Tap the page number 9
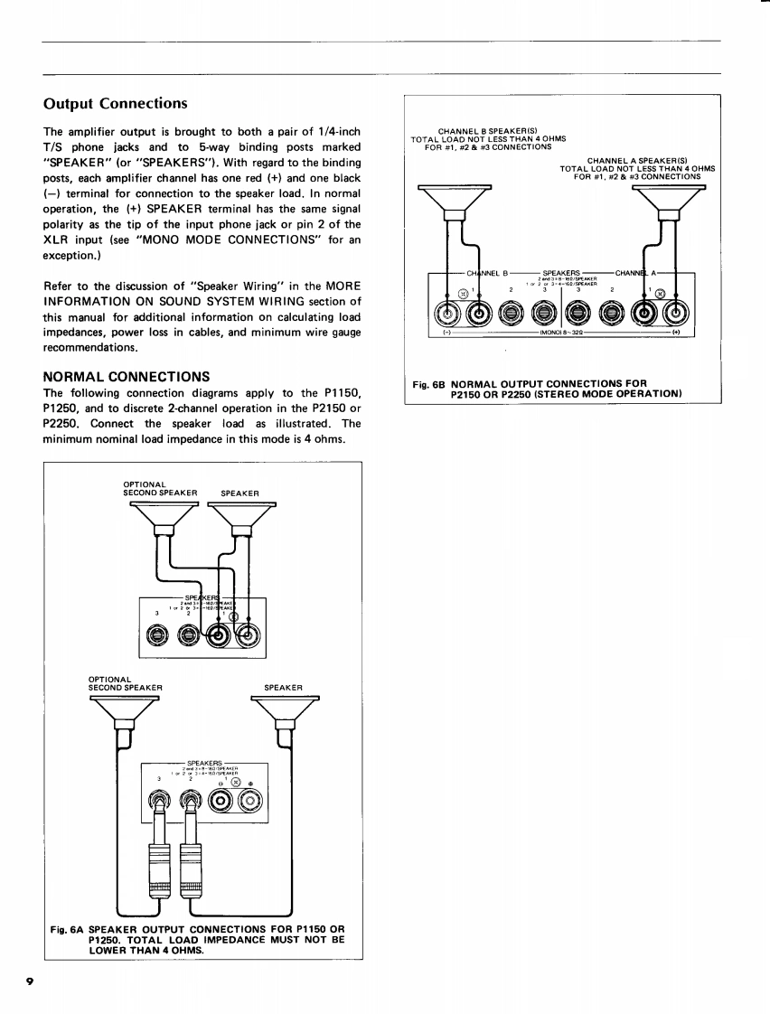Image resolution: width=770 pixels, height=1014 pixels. [30, 981]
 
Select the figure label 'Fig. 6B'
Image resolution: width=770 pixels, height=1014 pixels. [428, 383]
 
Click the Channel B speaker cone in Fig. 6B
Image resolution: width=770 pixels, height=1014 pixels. [455, 199]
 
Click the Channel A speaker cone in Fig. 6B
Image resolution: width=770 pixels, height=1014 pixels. [669, 199]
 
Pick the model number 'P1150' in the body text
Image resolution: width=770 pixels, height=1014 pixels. [343, 393]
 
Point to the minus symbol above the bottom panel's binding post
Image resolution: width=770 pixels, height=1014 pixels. [221, 783]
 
